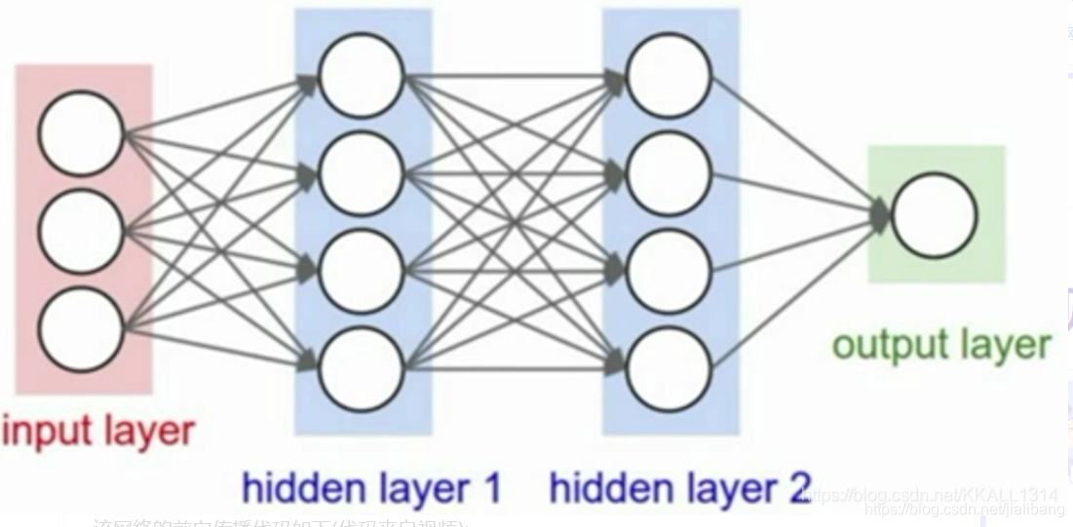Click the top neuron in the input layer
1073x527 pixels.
(x=82, y=133)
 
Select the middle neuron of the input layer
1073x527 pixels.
(x=82, y=231)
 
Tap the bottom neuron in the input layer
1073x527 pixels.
(x=82, y=326)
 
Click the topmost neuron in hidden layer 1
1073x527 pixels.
(x=362, y=76)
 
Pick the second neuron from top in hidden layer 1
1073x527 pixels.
(x=362, y=174)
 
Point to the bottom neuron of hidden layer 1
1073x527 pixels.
(x=362, y=369)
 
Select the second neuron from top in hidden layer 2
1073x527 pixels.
(x=669, y=174)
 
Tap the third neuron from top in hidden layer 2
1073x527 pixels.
(x=669, y=271)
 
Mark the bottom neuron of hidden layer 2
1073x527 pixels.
(x=669, y=369)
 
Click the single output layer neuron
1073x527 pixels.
(x=934, y=215)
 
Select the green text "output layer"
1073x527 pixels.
(x=940, y=345)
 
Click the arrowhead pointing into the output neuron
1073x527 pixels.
(x=879, y=215)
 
